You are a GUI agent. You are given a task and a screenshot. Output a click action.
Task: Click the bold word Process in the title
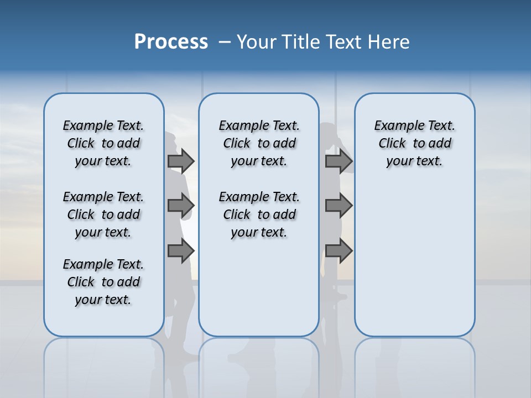point(171,42)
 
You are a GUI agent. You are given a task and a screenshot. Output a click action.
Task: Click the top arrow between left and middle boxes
point(181,161)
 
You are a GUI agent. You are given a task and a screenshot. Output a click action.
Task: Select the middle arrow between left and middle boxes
point(181,206)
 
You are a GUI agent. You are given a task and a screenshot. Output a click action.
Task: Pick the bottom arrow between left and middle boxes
point(181,250)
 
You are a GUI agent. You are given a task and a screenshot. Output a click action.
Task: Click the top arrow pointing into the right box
point(339,161)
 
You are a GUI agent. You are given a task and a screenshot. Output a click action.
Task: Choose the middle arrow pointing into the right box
point(339,206)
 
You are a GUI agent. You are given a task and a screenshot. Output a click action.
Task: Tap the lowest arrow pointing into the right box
point(339,250)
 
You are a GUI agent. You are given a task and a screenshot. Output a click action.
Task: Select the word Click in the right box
point(392,144)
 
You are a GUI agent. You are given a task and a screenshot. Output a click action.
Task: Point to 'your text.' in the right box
point(414,161)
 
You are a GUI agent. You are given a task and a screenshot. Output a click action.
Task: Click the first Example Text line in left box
point(103,126)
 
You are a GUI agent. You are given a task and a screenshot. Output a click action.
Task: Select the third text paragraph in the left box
point(103,282)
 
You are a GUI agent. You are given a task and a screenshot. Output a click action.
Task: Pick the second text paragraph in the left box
point(103,214)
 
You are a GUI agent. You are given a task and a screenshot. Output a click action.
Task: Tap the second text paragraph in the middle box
point(259,214)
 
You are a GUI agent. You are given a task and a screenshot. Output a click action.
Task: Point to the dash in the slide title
point(225,42)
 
